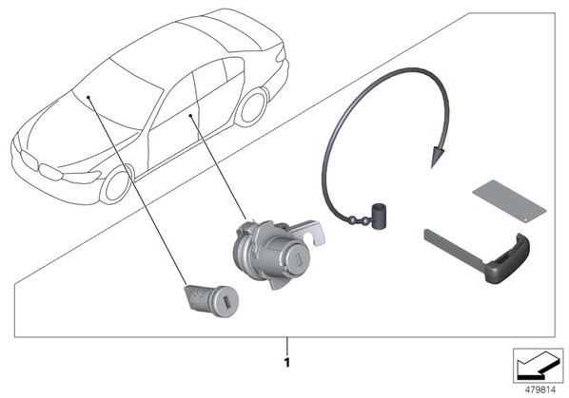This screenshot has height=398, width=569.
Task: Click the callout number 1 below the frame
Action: tap(287, 363)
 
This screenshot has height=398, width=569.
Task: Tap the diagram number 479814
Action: tap(540, 390)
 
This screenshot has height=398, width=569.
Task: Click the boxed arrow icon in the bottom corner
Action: tap(538, 366)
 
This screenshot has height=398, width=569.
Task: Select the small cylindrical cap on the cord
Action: tap(378, 216)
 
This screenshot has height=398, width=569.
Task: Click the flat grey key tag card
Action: tap(509, 200)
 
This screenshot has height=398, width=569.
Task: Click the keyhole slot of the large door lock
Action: tap(297, 259)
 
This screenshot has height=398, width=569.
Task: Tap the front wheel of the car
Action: tap(117, 184)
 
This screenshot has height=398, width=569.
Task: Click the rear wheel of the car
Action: tap(252, 106)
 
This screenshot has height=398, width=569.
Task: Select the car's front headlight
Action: tap(82, 177)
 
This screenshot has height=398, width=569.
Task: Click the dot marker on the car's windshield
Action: tap(88, 97)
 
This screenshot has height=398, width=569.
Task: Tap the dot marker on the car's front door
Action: tap(190, 116)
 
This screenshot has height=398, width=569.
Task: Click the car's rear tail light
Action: tap(282, 54)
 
